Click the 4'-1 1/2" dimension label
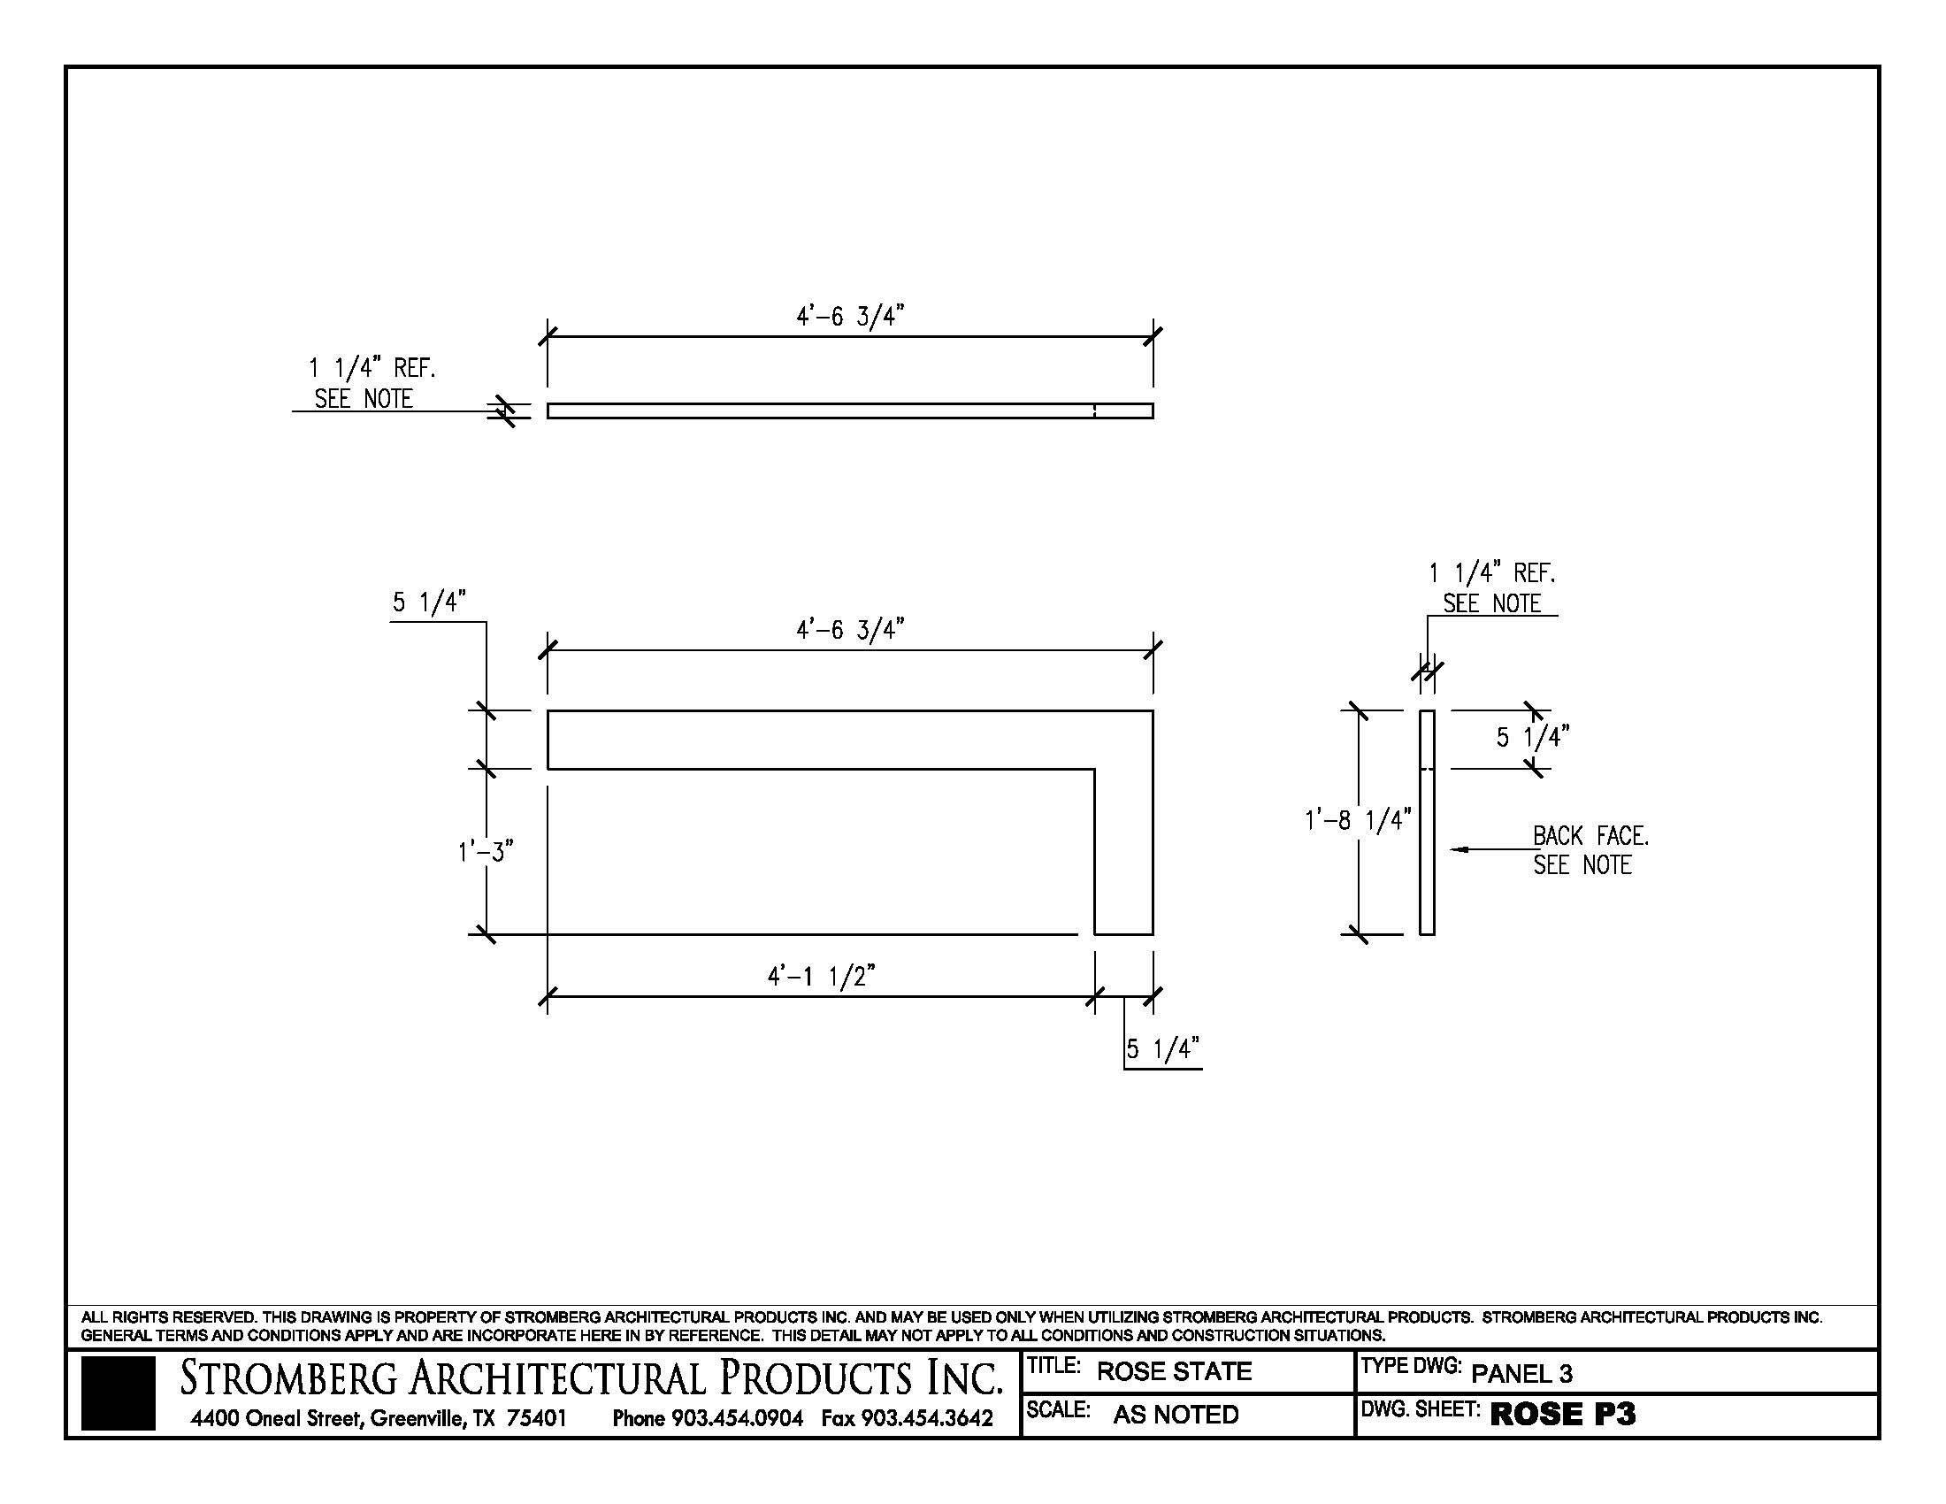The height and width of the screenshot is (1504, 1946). click(821, 978)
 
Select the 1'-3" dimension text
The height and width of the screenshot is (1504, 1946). click(486, 853)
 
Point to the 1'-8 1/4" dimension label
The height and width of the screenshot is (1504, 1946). click(1357, 820)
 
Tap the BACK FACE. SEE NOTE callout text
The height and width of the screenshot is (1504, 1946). click(1590, 850)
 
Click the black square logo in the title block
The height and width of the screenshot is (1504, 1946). click(118, 1393)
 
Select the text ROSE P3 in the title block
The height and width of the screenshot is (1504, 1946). click(1562, 1414)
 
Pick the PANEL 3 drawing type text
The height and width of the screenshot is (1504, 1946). click(1521, 1373)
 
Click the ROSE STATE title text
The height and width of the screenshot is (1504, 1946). click(1174, 1371)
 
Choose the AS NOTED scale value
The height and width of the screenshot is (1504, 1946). click(1176, 1414)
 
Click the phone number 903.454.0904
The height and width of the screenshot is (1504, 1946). click(737, 1417)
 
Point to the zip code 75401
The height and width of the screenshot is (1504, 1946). click(536, 1417)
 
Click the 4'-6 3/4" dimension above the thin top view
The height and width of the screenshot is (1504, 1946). click(849, 317)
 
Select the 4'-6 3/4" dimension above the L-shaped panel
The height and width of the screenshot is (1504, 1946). click(849, 630)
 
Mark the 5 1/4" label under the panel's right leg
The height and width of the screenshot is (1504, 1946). click(1162, 1048)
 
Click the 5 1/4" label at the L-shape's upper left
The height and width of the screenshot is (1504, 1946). click(430, 603)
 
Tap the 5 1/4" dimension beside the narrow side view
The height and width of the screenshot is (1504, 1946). click(1532, 738)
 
